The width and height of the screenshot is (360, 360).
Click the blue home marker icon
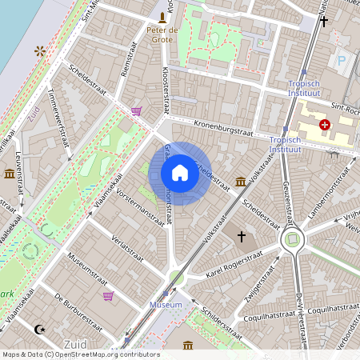point(180,173)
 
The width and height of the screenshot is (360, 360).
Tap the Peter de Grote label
point(163,35)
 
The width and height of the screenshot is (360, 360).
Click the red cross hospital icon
point(325,125)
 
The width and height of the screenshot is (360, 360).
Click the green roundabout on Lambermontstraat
point(293,238)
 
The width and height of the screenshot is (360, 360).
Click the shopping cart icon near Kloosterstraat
point(137,111)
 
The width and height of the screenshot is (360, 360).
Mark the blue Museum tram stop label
point(166,305)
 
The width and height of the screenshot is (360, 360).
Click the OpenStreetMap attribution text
point(80,354)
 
